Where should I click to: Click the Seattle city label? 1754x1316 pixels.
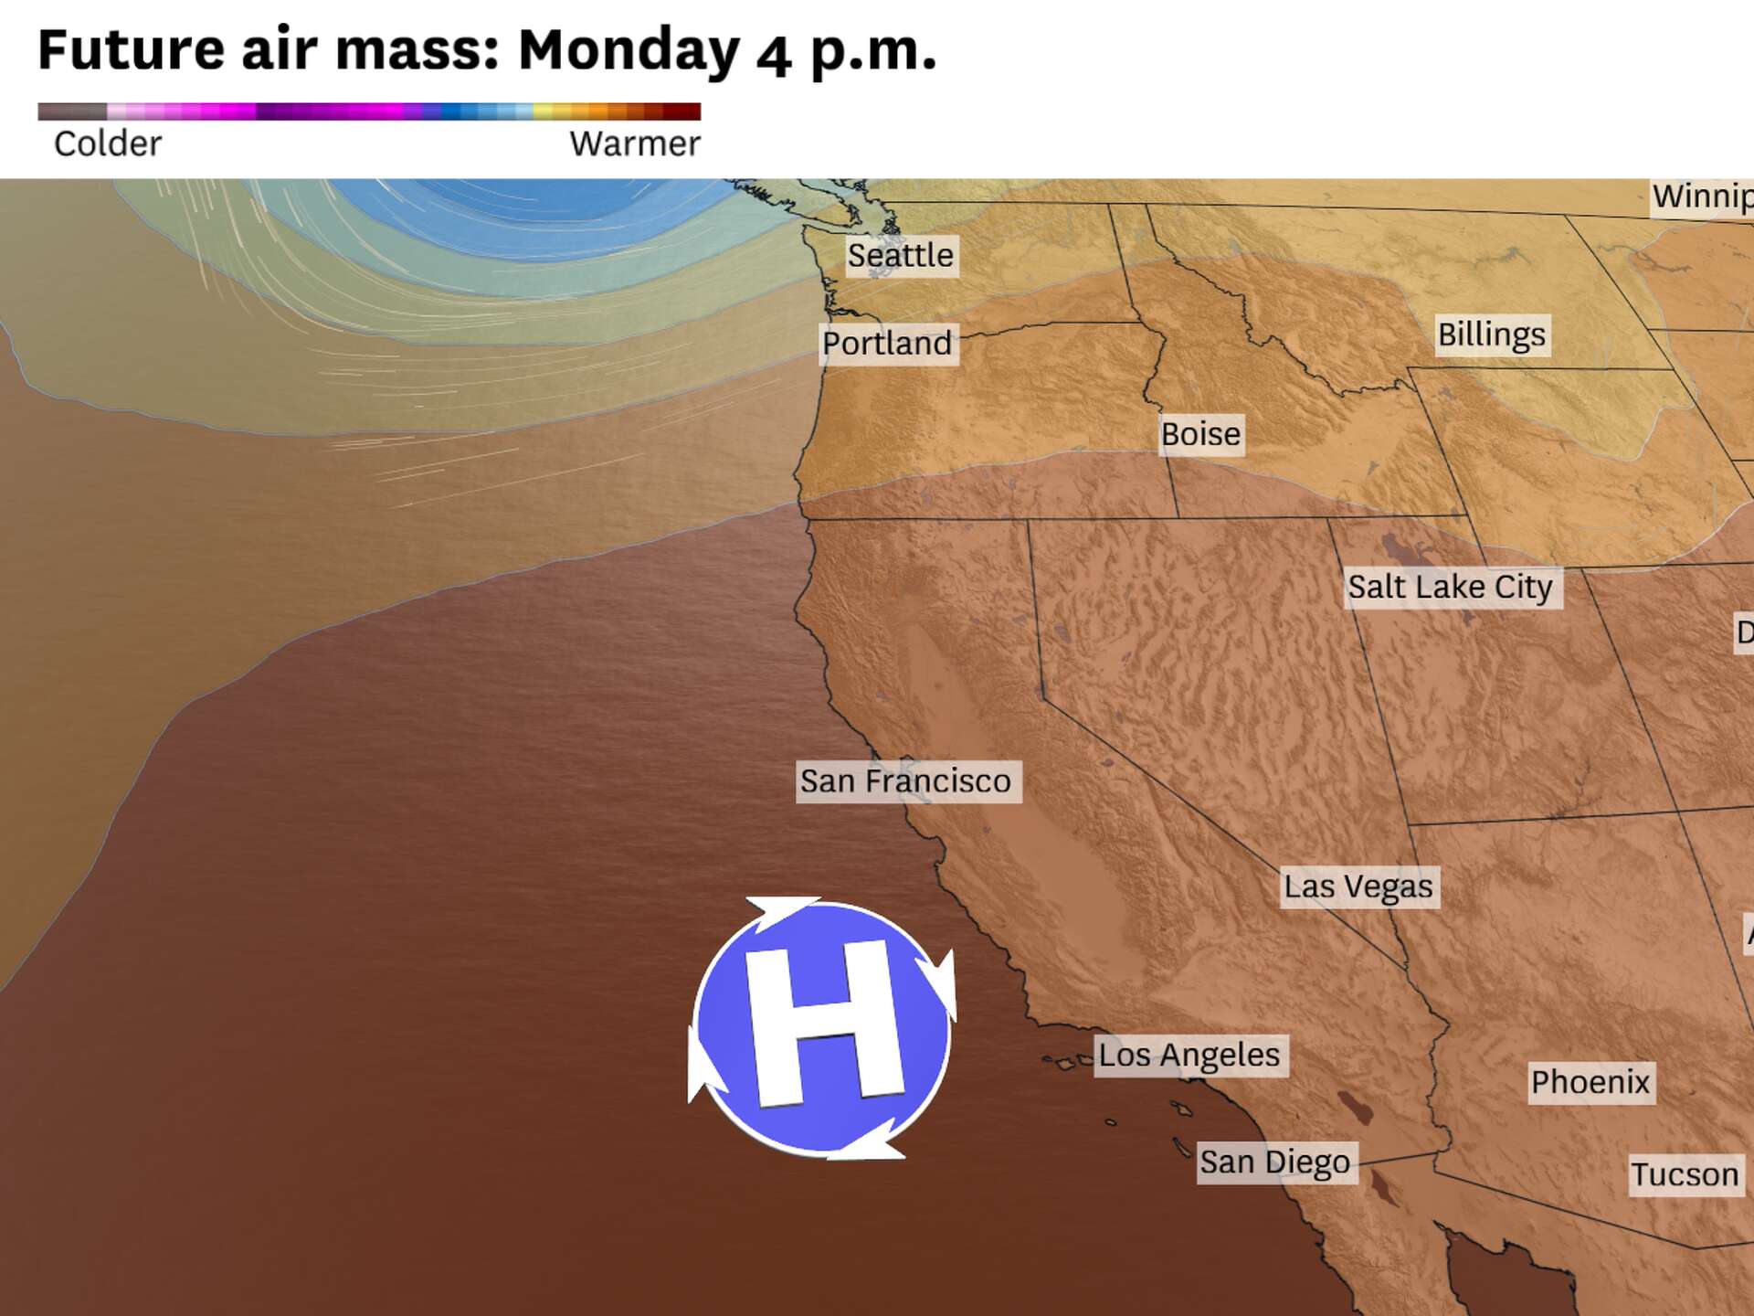pyautogui.click(x=900, y=255)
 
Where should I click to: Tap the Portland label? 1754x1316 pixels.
pyautogui.click(x=887, y=344)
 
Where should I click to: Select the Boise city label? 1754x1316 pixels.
pyautogui.click(x=1200, y=434)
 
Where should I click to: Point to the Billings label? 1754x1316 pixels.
pyautogui.click(x=1491, y=335)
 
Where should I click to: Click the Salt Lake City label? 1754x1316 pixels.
pyautogui.click(x=1450, y=587)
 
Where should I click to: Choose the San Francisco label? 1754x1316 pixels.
pyautogui.click(x=905, y=781)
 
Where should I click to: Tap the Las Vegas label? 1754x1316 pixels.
pyautogui.click(x=1358, y=886)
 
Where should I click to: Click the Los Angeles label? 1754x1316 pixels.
pyautogui.click(x=1189, y=1056)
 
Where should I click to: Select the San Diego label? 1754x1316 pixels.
pyautogui.click(x=1274, y=1162)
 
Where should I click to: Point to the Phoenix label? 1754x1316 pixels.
pyautogui.click(x=1590, y=1083)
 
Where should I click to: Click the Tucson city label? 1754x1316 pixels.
pyautogui.click(x=1685, y=1175)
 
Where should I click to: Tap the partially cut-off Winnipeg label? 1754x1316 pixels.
pyautogui.click(x=1701, y=196)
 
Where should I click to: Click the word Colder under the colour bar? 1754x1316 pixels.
pyautogui.click(x=108, y=144)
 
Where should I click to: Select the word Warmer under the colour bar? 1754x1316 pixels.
pyautogui.click(x=635, y=144)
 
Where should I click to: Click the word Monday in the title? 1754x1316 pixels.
pyautogui.click(x=629, y=50)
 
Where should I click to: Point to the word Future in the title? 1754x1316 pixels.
pyautogui.click(x=131, y=50)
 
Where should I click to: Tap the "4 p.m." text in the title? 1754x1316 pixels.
pyautogui.click(x=846, y=53)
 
